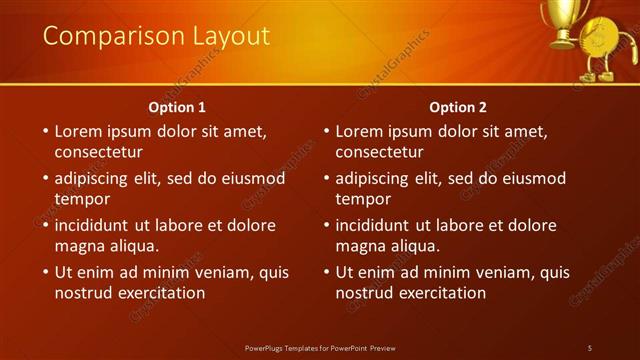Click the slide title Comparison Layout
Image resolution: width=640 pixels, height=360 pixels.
(x=156, y=36)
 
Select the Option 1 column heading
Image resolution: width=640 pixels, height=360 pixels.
(x=177, y=107)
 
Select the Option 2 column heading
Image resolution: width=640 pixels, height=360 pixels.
(x=458, y=107)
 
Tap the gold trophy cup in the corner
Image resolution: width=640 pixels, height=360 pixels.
(x=562, y=20)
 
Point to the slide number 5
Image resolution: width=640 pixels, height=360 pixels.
(x=590, y=347)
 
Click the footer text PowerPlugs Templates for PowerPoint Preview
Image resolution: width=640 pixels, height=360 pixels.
(x=320, y=347)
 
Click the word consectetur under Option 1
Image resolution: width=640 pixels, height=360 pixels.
(x=98, y=153)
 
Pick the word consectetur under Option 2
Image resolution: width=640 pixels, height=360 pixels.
(x=379, y=153)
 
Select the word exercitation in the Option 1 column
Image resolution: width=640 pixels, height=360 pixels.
(x=160, y=293)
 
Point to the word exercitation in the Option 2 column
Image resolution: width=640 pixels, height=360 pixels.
(x=441, y=293)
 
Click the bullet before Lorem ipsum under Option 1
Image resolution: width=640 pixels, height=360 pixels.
(x=44, y=132)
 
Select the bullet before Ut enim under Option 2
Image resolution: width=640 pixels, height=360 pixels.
(x=325, y=272)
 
